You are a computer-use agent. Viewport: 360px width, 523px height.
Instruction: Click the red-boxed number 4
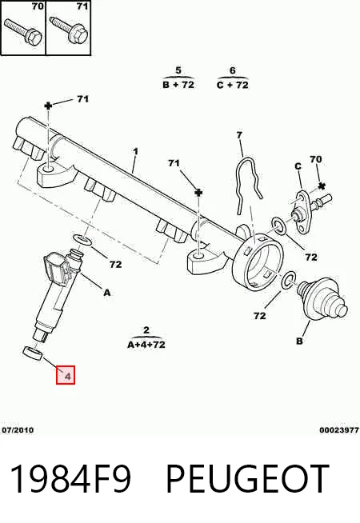(68, 377)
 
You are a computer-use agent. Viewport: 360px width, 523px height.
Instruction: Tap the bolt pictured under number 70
(22, 31)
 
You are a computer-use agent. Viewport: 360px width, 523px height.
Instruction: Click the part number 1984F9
(70, 479)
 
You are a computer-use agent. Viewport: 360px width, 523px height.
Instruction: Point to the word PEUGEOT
(247, 479)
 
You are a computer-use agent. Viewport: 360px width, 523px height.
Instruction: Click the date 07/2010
(18, 430)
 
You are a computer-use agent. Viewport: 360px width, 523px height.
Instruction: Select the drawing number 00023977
(339, 430)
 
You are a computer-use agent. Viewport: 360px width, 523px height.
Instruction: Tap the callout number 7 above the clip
(239, 135)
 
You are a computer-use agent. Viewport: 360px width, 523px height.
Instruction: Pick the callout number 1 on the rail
(135, 151)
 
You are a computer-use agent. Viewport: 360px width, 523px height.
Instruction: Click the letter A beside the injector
(106, 293)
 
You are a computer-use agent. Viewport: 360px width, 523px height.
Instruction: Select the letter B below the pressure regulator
(299, 341)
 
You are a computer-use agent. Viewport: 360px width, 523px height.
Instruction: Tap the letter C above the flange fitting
(298, 166)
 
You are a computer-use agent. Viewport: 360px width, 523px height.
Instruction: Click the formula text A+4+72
(146, 344)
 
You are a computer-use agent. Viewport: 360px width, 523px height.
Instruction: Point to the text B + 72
(178, 85)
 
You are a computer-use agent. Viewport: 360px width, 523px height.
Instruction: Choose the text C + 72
(233, 85)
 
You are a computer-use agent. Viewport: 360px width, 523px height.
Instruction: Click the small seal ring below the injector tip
(32, 353)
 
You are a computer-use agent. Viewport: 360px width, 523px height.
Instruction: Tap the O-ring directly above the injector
(82, 239)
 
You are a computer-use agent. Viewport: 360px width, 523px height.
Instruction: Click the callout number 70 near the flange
(316, 159)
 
